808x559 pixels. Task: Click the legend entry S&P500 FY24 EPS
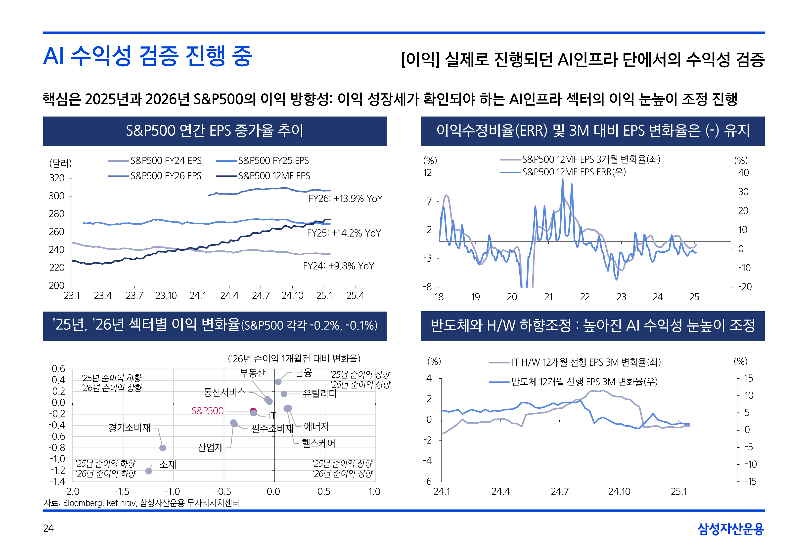pyautogui.click(x=166, y=161)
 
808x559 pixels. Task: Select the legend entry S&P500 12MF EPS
pyautogui.click(x=274, y=176)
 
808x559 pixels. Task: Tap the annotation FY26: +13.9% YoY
pyautogui.click(x=345, y=199)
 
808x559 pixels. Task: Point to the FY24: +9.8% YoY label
pyautogui.click(x=338, y=266)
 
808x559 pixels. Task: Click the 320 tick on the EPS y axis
pyautogui.click(x=57, y=178)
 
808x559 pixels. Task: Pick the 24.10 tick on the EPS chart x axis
pyautogui.click(x=292, y=296)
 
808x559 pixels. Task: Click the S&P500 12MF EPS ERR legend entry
pyautogui.click(x=574, y=172)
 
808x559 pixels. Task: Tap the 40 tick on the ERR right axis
pyautogui.click(x=743, y=173)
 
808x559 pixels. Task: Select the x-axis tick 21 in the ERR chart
pyautogui.click(x=548, y=297)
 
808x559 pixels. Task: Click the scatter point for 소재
pyautogui.click(x=149, y=471)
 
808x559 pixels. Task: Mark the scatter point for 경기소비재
pyautogui.click(x=163, y=448)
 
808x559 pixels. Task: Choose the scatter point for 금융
pyautogui.click(x=278, y=382)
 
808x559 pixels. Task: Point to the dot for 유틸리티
pyautogui.click(x=284, y=394)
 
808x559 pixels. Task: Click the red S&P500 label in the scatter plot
pyautogui.click(x=207, y=411)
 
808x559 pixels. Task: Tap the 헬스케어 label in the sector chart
pyautogui.click(x=318, y=443)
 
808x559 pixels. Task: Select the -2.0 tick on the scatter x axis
pyautogui.click(x=72, y=491)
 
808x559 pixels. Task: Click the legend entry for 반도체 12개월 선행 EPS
pyautogui.click(x=584, y=382)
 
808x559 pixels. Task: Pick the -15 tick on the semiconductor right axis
pyautogui.click(x=750, y=481)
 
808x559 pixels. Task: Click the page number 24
pyautogui.click(x=48, y=528)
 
